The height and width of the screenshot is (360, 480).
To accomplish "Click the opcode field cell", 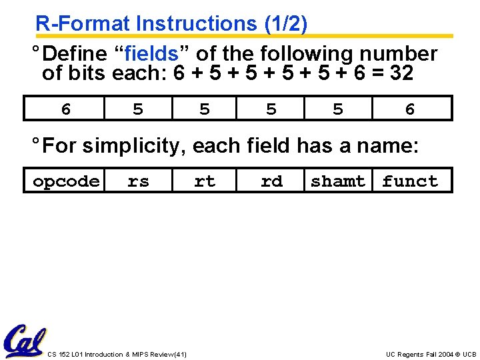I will (x=66, y=181).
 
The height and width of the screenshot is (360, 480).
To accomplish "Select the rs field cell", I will (x=138, y=181).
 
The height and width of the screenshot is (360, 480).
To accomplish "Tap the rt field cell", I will (x=205, y=181).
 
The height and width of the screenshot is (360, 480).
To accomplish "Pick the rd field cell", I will (x=271, y=181).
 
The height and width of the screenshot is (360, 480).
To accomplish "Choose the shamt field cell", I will (x=338, y=181).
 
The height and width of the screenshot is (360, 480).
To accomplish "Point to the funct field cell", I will (x=410, y=181).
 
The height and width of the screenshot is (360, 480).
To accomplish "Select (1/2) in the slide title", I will (x=285, y=24).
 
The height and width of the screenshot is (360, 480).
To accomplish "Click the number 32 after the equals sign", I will (x=401, y=73).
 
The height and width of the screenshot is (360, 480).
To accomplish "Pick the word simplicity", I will (x=137, y=145).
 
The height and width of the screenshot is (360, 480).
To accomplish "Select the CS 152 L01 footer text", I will (x=117, y=354).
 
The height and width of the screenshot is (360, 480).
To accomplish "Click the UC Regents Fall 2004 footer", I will (x=431, y=354).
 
